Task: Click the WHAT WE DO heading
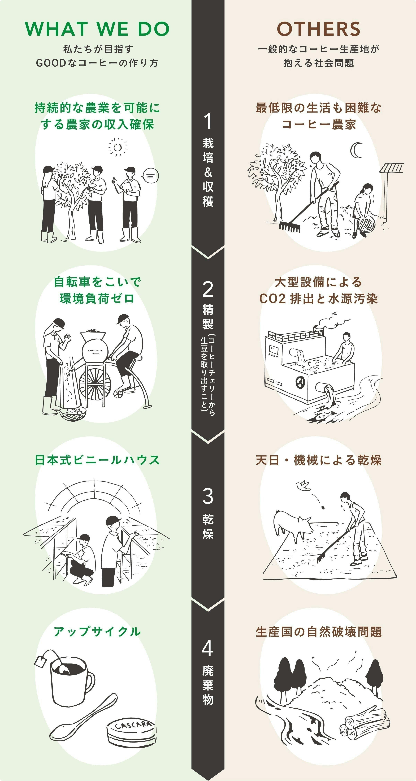97,29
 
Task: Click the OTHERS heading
318,29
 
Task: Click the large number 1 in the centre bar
208,121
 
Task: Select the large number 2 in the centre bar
208,290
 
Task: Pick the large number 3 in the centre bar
208,496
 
